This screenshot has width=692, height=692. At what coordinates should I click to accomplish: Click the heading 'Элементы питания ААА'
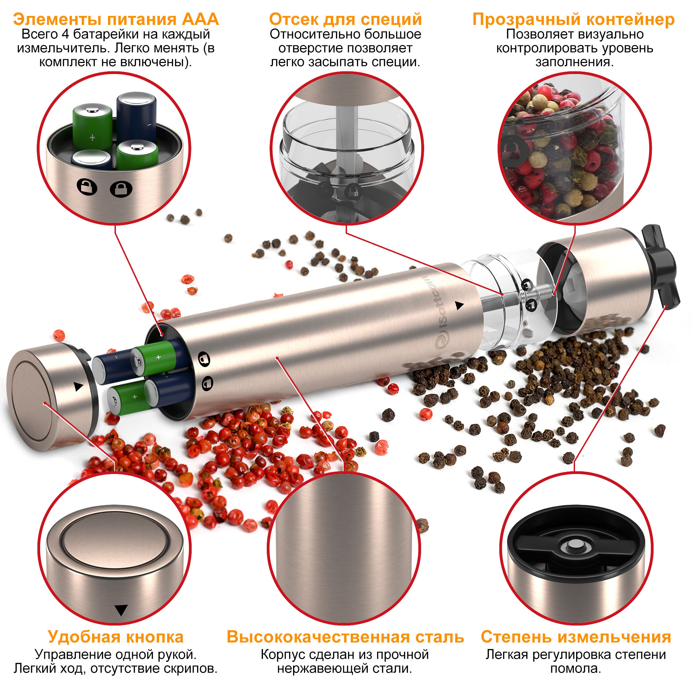tap(116, 19)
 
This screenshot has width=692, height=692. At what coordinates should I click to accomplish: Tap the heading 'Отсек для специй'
tap(345, 19)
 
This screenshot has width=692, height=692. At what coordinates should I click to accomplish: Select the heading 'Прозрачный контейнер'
tap(573, 19)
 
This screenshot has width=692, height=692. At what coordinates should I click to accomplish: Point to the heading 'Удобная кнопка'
tap(115, 637)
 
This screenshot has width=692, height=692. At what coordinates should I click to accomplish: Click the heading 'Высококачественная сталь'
tap(345, 637)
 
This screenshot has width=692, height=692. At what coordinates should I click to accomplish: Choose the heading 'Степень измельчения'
tap(576, 637)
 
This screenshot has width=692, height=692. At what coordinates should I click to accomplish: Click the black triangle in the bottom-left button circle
tap(121, 610)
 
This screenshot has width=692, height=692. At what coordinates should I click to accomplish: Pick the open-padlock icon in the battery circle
tap(87, 186)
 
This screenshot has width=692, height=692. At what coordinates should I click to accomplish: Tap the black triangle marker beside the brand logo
tap(459, 306)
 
